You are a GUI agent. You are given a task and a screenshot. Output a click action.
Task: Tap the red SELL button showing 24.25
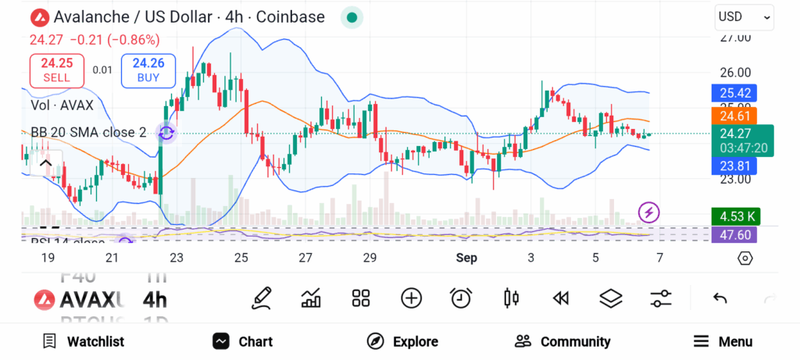point(56,70)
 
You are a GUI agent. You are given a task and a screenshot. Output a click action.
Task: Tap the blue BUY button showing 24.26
point(148,70)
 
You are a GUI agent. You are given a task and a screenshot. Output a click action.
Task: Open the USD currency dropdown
point(744,16)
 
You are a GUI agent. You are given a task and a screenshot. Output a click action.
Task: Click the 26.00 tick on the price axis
point(734,72)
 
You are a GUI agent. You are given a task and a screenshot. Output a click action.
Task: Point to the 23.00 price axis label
point(734,179)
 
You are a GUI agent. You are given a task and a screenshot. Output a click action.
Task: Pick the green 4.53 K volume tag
point(734,216)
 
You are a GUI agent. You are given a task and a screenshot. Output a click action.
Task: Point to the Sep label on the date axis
point(466,258)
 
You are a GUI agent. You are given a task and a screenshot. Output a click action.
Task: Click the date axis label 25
point(241,258)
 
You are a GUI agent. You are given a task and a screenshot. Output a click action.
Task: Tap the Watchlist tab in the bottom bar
point(84,341)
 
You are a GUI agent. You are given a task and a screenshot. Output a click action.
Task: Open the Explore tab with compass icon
point(402,341)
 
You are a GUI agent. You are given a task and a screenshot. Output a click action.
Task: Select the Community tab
point(562,341)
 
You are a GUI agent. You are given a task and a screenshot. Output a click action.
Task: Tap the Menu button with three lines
point(723,341)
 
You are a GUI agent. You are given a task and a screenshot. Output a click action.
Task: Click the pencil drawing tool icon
point(262,298)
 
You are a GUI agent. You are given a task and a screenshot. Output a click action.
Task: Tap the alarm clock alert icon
point(461,298)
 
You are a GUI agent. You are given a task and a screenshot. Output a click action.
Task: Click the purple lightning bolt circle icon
point(649,211)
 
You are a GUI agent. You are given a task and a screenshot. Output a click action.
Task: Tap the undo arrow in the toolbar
point(720,298)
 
